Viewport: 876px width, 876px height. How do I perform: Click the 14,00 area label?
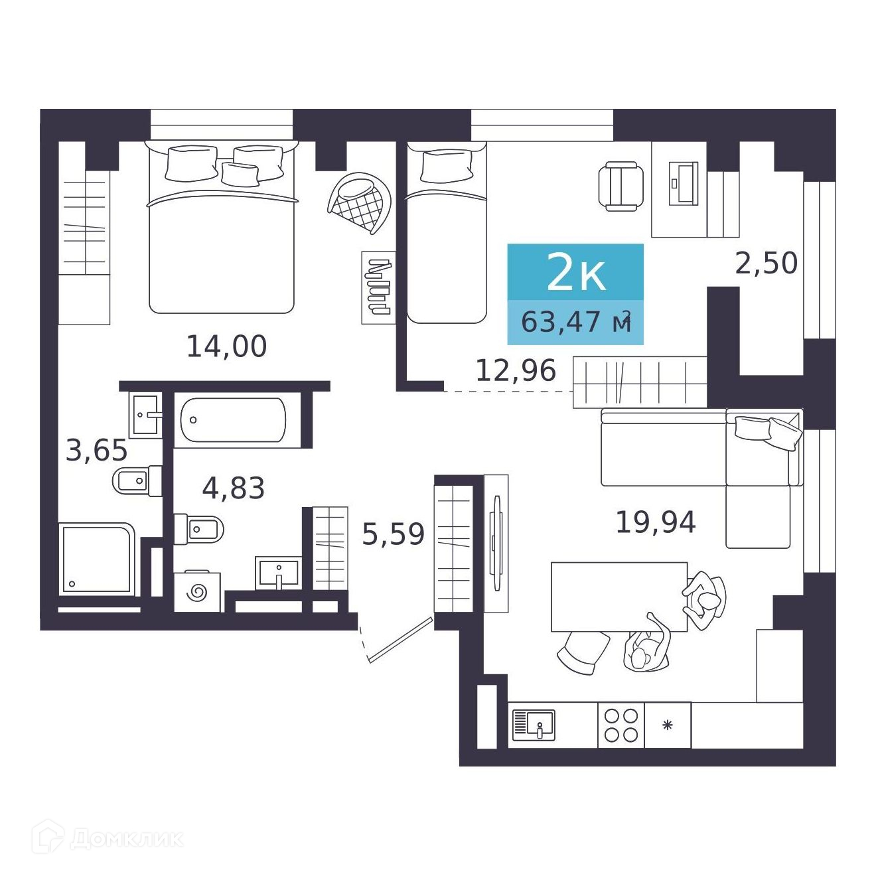click(226, 346)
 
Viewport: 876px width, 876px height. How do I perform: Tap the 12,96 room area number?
click(516, 370)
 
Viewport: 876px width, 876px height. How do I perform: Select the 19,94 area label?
click(656, 522)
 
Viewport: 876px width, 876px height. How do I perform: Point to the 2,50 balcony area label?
click(766, 263)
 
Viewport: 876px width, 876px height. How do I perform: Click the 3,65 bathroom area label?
click(96, 451)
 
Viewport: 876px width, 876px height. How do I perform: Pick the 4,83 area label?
click(233, 488)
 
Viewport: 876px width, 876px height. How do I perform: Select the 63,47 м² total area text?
click(576, 322)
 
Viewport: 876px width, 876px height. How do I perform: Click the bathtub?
click(233, 420)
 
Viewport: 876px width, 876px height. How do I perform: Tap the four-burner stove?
click(621, 725)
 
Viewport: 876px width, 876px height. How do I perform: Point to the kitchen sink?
click(534, 725)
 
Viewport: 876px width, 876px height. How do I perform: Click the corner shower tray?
click(97, 559)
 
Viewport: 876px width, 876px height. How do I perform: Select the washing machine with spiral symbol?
click(197, 591)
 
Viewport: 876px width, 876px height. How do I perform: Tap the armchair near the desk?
click(620, 186)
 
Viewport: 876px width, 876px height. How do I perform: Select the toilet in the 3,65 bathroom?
click(137, 480)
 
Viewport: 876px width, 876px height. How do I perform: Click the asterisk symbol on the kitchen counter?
click(667, 725)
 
